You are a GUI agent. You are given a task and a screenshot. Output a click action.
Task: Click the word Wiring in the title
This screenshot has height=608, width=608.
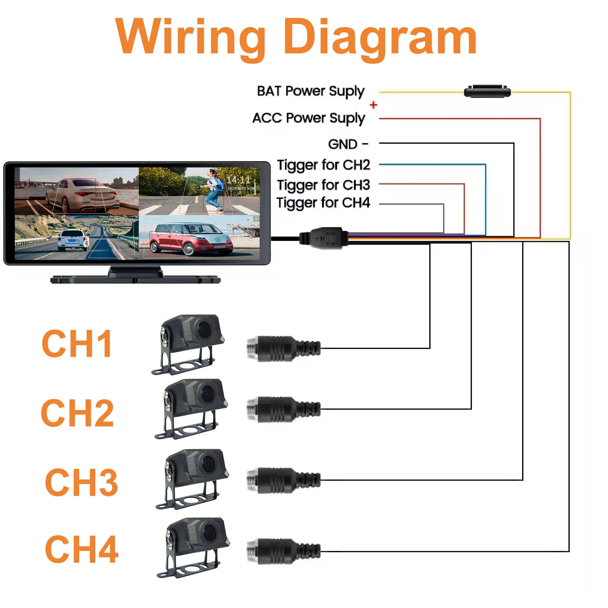point(190,37)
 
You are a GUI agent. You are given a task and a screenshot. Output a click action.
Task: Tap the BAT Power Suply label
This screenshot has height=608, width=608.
point(311,91)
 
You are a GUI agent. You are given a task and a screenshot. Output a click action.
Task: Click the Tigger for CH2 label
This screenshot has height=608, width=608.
point(323,165)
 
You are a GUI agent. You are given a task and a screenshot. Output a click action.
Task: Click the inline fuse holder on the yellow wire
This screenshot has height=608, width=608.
point(487,92)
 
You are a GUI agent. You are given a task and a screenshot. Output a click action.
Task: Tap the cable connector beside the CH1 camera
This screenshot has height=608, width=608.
point(283,348)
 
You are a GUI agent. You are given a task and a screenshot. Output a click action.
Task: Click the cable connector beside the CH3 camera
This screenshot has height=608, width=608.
point(283,480)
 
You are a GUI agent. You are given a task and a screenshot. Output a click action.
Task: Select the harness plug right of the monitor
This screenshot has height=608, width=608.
point(324,238)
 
